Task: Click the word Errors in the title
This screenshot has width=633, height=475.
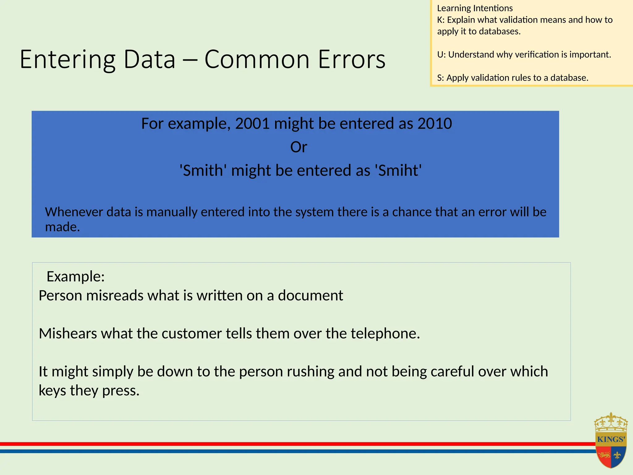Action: (x=352, y=59)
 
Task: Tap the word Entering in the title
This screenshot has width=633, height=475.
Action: (x=67, y=59)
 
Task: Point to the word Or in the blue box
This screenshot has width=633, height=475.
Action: (x=299, y=147)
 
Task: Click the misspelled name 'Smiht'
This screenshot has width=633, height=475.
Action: (x=398, y=170)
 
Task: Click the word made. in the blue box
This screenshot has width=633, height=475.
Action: (x=62, y=227)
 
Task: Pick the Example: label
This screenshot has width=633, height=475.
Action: (x=75, y=276)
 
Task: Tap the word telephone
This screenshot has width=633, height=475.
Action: (x=385, y=334)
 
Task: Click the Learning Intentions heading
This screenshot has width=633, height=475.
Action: (x=475, y=8)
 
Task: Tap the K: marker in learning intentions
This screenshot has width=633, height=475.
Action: (x=440, y=20)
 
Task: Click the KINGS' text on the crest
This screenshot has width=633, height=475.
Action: (x=611, y=439)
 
